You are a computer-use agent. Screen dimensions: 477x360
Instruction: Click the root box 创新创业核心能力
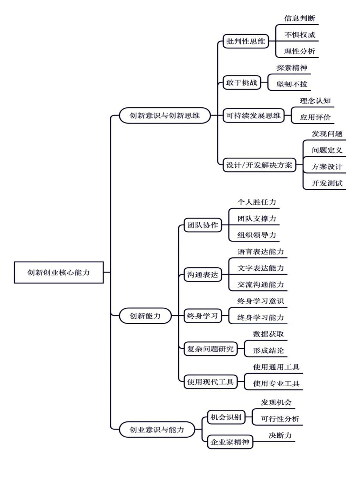coord(59,272)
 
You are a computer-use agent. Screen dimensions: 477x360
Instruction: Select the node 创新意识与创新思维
coord(165,116)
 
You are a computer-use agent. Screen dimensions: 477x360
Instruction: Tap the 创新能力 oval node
coord(145,316)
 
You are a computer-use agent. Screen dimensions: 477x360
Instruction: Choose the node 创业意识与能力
coord(157,430)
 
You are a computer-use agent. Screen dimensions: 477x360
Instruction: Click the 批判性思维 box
coord(246,41)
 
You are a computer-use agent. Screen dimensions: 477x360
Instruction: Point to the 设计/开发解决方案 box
coord(259,165)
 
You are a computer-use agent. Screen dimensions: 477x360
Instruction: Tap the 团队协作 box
coord(202,225)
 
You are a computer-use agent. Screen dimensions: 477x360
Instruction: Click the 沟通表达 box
coord(202,275)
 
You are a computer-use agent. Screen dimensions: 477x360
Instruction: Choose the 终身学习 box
coord(202,316)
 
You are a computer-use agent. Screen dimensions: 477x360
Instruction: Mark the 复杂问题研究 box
coord(210,349)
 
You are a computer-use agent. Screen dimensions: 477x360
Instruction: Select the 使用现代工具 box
coord(210,382)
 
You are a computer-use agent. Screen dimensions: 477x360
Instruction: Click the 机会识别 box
coord(226,417)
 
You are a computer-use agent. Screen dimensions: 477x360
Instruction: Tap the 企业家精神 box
coord(230,442)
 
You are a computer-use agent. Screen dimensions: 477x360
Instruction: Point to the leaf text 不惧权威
coord(300,35)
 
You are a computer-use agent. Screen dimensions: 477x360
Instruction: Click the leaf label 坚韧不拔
coord(292,84)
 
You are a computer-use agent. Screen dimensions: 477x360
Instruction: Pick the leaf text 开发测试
coord(327,183)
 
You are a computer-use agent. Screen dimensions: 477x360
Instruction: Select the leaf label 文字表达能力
coord(261,268)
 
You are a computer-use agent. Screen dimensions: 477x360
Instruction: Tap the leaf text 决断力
coord(280,435)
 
